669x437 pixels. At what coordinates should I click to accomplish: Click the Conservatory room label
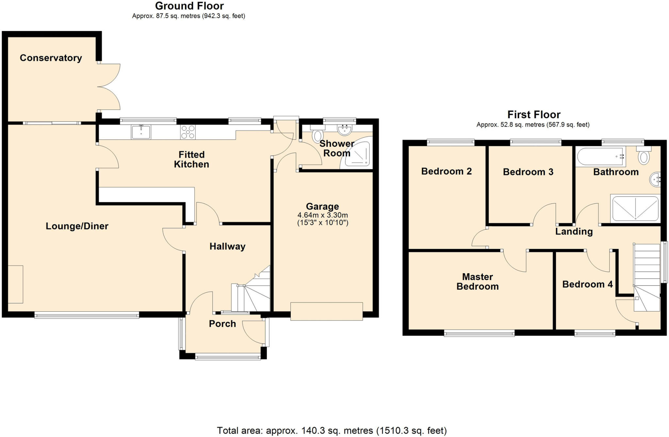pyautogui.click(x=51, y=58)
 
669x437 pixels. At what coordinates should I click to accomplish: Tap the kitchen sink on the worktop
pyautogui.click(x=141, y=132)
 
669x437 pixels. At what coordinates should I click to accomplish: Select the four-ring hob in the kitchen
pyautogui.click(x=188, y=132)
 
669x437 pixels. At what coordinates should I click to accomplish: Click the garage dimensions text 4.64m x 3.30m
pyautogui.click(x=322, y=215)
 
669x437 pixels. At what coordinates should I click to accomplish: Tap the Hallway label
pyautogui.click(x=227, y=246)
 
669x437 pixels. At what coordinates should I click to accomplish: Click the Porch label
pyautogui.click(x=222, y=324)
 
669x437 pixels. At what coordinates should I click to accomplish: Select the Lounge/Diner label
pyautogui.click(x=77, y=226)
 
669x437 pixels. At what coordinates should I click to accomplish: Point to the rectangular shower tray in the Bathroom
pyautogui.click(x=635, y=208)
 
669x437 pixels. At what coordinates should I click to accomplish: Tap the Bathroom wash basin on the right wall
pyautogui.click(x=655, y=179)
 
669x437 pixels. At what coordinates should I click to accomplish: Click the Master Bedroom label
pyautogui.click(x=477, y=282)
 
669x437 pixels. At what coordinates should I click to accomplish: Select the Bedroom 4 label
pyautogui.click(x=587, y=284)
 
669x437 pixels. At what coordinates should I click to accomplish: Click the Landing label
pyautogui.click(x=574, y=231)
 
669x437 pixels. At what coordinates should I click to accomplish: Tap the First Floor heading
pyautogui.click(x=534, y=115)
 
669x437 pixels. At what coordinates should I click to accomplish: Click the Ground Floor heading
pyautogui.click(x=189, y=6)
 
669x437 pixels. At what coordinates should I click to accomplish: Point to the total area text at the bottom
pyautogui.click(x=332, y=430)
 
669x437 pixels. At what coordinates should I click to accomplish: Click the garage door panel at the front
pyautogui.click(x=326, y=311)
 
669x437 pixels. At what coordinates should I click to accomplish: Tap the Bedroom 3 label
pyautogui.click(x=528, y=172)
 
